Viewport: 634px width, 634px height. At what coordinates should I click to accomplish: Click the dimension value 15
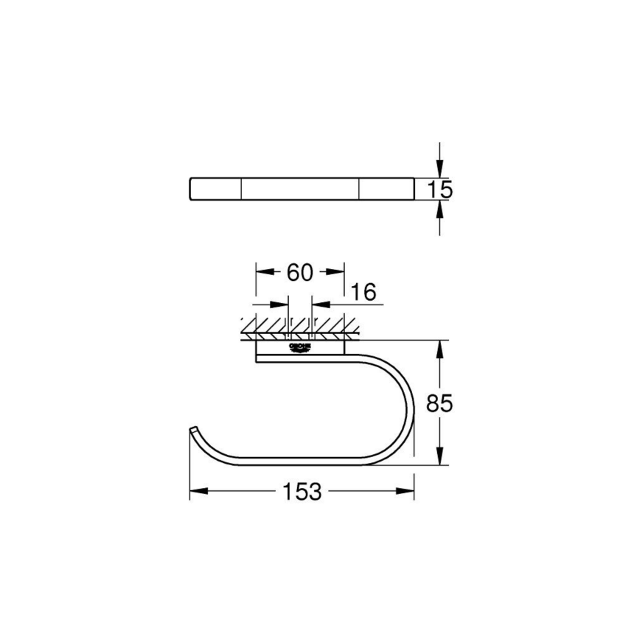point(439,189)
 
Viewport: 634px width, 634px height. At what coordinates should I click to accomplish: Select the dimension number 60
point(300,272)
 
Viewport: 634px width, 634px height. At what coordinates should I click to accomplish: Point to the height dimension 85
point(439,403)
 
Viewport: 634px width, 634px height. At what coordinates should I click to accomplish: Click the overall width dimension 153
point(302,492)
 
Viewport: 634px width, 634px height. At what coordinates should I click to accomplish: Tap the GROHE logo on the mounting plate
point(299,347)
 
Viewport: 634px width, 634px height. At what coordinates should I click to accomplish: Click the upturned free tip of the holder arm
point(193,430)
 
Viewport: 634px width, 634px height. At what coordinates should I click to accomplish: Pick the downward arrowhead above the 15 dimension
point(440,170)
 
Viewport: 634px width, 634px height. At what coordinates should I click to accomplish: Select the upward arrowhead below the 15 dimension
point(440,209)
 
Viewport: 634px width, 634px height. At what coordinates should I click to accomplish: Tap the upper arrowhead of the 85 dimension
point(441,347)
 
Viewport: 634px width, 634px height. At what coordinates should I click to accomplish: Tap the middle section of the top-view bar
point(300,189)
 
